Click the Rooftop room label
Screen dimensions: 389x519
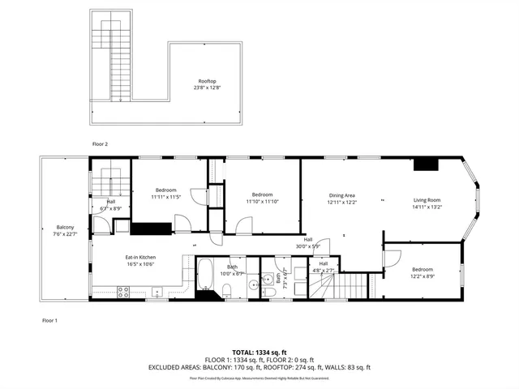(x=207, y=81)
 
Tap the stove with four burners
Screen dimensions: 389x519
(x=124, y=289)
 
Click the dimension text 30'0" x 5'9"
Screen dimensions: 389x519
(x=308, y=246)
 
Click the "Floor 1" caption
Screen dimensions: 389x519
(x=50, y=321)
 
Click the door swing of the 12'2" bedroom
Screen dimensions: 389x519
(x=392, y=259)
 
